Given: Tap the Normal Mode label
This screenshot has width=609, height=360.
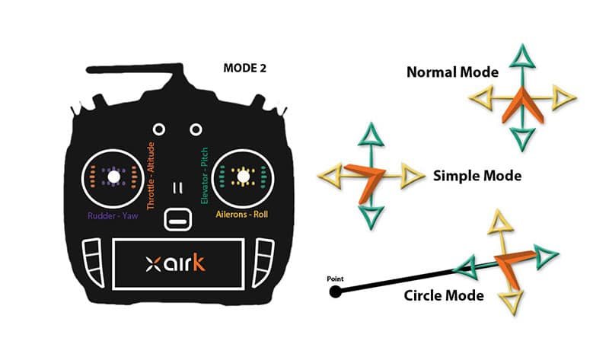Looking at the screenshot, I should pyautogui.click(x=452, y=73).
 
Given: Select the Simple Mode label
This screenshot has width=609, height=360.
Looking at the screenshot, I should pyautogui.click(x=477, y=176).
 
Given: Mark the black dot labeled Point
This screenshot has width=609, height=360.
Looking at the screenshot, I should pyautogui.click(x=336, y=291).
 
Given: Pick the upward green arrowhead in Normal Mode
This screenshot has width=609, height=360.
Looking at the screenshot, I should pyautogui.click(x=521, y=57).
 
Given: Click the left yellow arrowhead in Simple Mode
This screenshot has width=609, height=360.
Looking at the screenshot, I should pyautogui.click(x=330, y=176).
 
